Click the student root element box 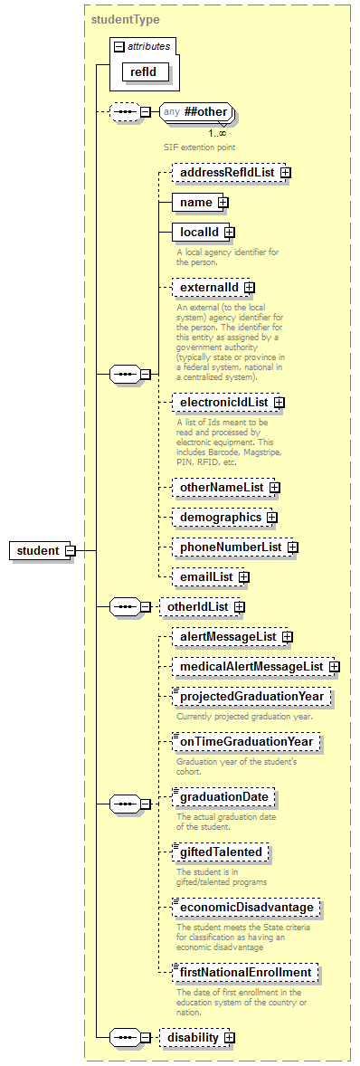pyautogui.click(x=38, y=550)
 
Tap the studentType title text pyautogui.click(x=126, y=18)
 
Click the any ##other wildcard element pyautogui.click(x=196, y=112)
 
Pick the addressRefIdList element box pyautogui.click(x=226, y=172)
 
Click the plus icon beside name pyautogui.click(x=223, y=202)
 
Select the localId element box pyautogui.click(x=199, y=233)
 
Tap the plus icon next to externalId pyautogui.click(x=250, y=288)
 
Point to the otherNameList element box pyautogui.click(x=222, y=487)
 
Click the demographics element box pyautogui.click(x=221, y=517)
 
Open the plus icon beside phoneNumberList pyautogui.click(x=293, y=547)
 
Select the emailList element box pyautogui.click(x=207, y=576)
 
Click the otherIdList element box pyautogui.click(x=196, y=606)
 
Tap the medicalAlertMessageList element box pyautogui.click(x=251, y=667)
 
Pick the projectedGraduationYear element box pyautogui.click(x=251, y=698)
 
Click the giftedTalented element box pyautogui.click(x=221, y=852)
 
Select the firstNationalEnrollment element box pyautogui.click(x=245, y=973)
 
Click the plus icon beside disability pyautogui.click(x=230, y=1036)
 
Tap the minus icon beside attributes pyautogui.click(x=118, y=45)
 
